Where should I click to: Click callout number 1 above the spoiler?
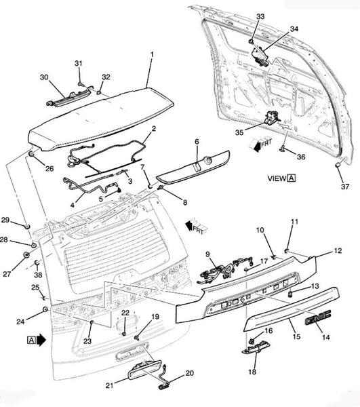click(152, 54)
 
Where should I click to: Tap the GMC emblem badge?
click(318, 314)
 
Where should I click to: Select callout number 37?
click(344, 187)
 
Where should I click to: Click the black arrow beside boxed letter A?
click(41, 340)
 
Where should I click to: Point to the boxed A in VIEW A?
click(292, 178)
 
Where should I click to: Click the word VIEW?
click(277, 178)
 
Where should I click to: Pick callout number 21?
click(109, 385)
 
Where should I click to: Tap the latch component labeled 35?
click(272, 117)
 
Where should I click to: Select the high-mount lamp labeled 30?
click(68, 96)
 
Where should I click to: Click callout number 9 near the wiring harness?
click(207, 254)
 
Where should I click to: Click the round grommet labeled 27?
click(26, 255)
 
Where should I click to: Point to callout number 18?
click(252, 372)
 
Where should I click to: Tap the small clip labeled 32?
click(99, 92)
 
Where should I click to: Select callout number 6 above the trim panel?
click(197, 142)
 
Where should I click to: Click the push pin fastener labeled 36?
click(282, 149)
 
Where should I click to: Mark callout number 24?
click(20, 322)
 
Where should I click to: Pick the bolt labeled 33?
click(251, 41)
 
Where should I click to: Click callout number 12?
click(338, 251)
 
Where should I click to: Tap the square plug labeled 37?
click(338, 165)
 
